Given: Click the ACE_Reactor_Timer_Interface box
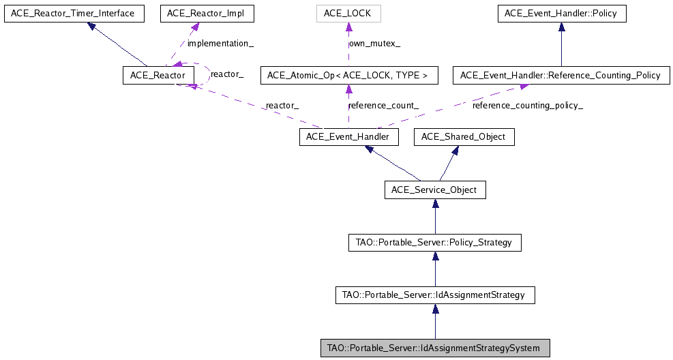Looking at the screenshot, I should point(74,13).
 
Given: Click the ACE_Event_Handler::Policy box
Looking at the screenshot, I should point(561,13).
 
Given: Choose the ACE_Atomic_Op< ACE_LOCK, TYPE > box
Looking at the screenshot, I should point(348,75).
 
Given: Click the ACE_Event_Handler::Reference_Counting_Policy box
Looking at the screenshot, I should point(561,75).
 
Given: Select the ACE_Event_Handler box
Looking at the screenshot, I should point(348,137).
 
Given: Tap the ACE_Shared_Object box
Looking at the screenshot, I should point(464,137).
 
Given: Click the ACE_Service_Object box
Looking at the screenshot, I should point(435,190).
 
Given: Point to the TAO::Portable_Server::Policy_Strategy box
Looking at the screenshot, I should point(435,242).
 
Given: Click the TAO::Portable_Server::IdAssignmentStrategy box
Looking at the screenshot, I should point(435,295).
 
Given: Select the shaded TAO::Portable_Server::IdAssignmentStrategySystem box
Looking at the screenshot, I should point(435,348).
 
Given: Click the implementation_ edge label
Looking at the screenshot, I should point(220,44).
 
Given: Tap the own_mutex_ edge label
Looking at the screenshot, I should point(374,44).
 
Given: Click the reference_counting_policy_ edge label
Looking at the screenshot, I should point(528,106).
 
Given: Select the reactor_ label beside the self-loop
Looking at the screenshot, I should point(227,73).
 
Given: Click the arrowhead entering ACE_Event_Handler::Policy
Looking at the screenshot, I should point(561,27).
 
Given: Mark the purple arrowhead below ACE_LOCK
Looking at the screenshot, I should point(348,27).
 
